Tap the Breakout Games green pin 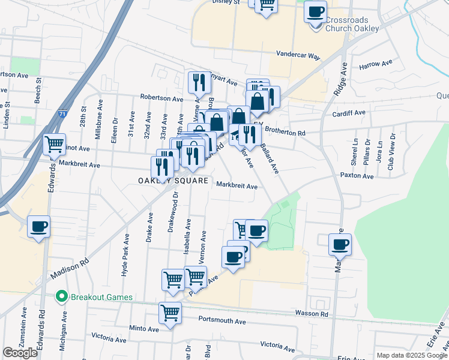tap(61, 296)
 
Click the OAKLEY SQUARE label tap(173, 181)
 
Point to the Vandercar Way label tap(298, 55)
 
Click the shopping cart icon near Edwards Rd tap(55, 144)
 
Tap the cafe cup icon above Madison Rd tap(38, 227)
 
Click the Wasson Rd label tap(312, 314)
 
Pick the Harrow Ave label tap(375, 62)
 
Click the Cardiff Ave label tap(348, 113)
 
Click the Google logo tap(20, 353)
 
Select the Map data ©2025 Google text tap(412, 355)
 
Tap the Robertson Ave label tap(161, 98)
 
